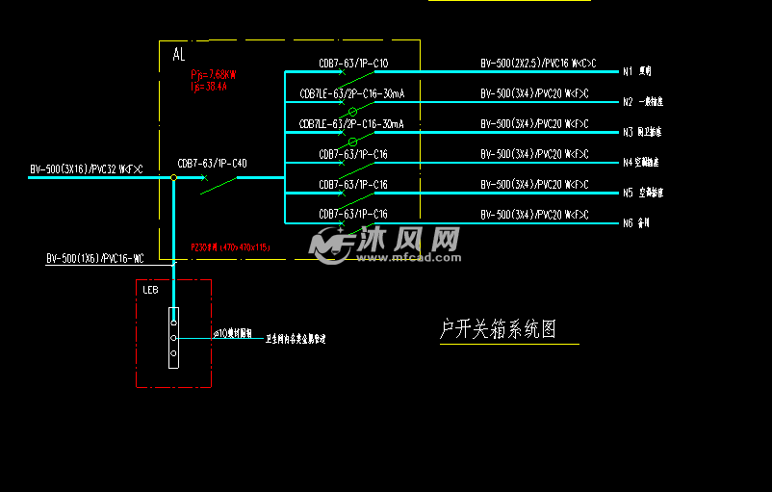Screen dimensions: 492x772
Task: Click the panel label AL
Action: point(179,56)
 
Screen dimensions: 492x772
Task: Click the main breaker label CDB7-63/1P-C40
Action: point(212,164)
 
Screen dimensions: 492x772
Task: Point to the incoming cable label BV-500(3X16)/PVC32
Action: point(86,170)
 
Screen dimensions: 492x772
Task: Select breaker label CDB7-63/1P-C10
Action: point(353,65)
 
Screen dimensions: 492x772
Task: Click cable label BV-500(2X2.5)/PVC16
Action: point(538,65)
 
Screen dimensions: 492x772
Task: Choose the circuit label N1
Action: point(627,71)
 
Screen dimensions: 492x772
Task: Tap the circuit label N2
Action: point(627,101)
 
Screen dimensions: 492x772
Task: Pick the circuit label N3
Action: point(627,132)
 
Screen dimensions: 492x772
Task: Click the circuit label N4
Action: point(627,162)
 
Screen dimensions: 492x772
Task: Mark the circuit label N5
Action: point(627,193)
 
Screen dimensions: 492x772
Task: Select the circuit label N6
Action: point(627,222)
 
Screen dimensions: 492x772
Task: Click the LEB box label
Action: point(150,290)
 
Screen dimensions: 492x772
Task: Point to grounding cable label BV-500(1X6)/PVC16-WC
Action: point(94,259)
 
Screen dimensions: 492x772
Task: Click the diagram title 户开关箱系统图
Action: point(498,329)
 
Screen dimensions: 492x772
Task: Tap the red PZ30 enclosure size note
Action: point(230,247)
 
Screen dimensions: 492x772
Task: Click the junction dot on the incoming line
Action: point(173,178)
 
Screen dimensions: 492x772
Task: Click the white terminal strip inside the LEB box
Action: point(173,338)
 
